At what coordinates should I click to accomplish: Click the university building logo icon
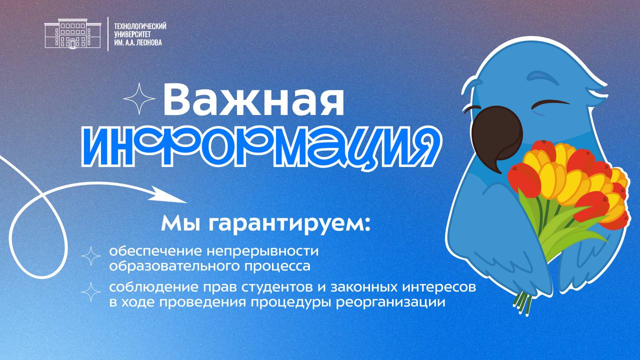(73, 33)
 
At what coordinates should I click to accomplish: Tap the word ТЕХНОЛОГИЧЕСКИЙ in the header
(140, 26)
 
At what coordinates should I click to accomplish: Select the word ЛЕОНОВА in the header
(149, 43)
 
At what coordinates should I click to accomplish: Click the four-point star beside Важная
(139, 99)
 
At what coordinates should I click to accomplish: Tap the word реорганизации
(391, 302)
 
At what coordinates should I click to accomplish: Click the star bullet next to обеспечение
(91, 256)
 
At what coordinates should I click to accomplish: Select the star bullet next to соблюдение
(91, 292)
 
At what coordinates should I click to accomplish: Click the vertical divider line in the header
(107, 34)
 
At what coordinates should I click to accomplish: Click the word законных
(363, 287)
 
